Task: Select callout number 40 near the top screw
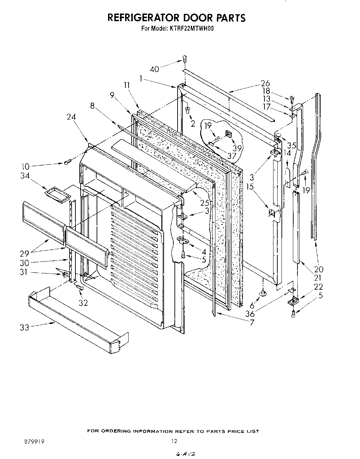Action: (154, 69)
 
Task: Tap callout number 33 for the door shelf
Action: (24, 327)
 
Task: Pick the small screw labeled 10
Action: (67, 161)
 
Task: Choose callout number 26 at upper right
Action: (265, 83)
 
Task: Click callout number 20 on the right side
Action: (318, 269)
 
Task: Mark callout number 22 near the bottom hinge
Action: (318, 287)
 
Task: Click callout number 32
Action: (83, 303)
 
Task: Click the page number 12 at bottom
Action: (174, 441)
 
